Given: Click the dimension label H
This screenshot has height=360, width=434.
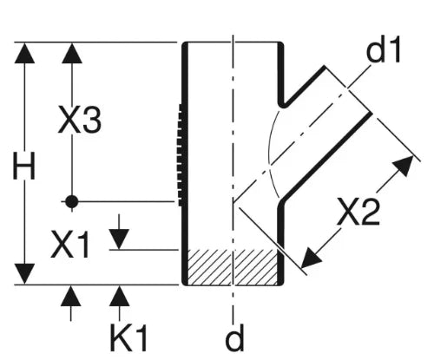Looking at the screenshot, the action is pyautogui.click(x=24, y=166).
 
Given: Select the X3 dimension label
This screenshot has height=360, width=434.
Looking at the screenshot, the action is pyautogui.click(x=80, y=120).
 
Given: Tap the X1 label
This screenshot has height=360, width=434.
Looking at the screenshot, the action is pyautogui.click(x=69, y=245).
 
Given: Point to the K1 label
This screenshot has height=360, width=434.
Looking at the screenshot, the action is pyautogui.click(x=128, y=337).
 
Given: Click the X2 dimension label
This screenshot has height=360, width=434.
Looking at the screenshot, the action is pyautogui.click(x=358, y=213).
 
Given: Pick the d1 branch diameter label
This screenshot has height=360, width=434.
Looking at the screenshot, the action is pyautogui.click(x=383, y=49).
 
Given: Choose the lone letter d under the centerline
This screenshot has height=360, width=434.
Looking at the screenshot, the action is pyautogui.click(x=234, y=337).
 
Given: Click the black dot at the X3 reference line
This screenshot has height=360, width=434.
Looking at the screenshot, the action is pyautogui.click(x=71, y=201).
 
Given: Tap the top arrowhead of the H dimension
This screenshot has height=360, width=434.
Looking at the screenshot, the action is pyautogui.click(x=24, y=53).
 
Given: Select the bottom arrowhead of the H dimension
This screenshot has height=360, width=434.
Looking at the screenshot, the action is pyautogui.click(x=24, y=274).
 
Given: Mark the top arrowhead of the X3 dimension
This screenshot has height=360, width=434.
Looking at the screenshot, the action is pyautogui.click(x=72, y=53).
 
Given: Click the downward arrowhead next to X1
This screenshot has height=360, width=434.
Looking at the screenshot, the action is pyautogui.click(x=119, y=239).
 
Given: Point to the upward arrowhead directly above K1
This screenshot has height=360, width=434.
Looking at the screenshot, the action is pyautogui.click(x=119, y=296).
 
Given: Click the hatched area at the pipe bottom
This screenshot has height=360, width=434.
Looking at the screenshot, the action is pyautogui.click(x=233, y=267).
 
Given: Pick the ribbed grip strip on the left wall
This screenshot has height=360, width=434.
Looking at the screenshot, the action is pyautogui.click(x=181, y=155).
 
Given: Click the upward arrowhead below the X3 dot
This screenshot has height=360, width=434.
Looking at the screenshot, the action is pyautogui.click(x=71, y=296).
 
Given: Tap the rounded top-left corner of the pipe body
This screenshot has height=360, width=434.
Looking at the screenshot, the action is pyautogui.click(x=185, y=45).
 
